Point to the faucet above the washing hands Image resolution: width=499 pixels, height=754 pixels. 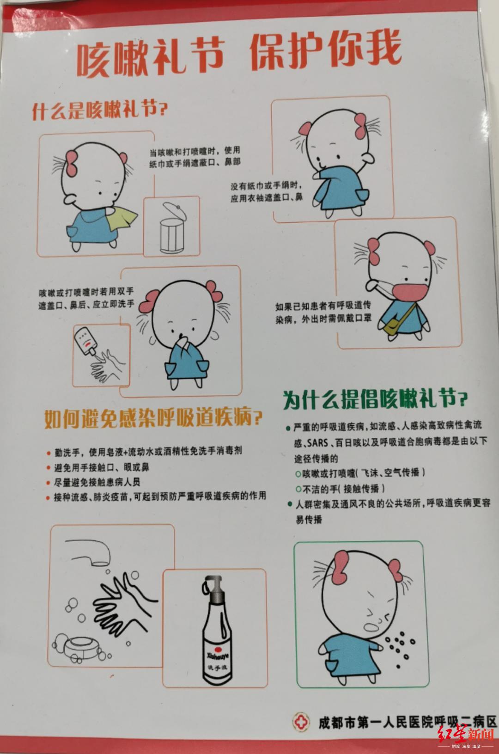tap(89, 552)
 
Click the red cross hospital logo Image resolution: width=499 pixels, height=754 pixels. tap(300, 722)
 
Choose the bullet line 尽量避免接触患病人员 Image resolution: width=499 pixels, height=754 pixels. tap(93, 482)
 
